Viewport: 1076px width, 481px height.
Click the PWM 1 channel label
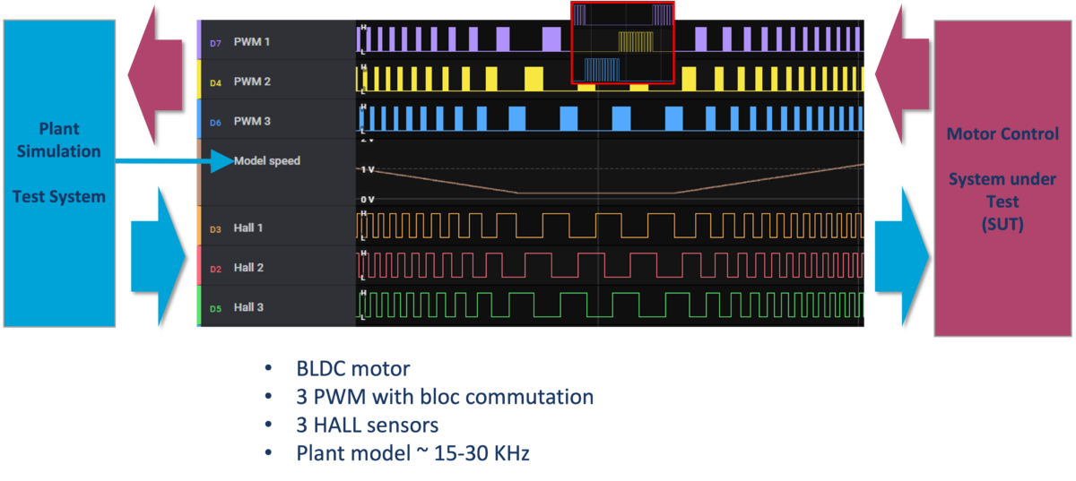point(252,41)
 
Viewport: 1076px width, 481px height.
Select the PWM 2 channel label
point(252,82)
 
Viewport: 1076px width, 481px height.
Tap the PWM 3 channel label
point(252,121)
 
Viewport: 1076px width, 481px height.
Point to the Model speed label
point(267,161)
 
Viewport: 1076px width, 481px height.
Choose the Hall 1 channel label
point(248,228)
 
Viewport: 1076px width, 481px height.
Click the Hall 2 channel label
point(248,268)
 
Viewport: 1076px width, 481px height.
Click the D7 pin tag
point(215,43)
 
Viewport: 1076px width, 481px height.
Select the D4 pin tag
point(215,83)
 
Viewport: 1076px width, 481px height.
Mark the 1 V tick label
point(367,169)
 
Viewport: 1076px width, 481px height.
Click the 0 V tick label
point(367,199)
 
